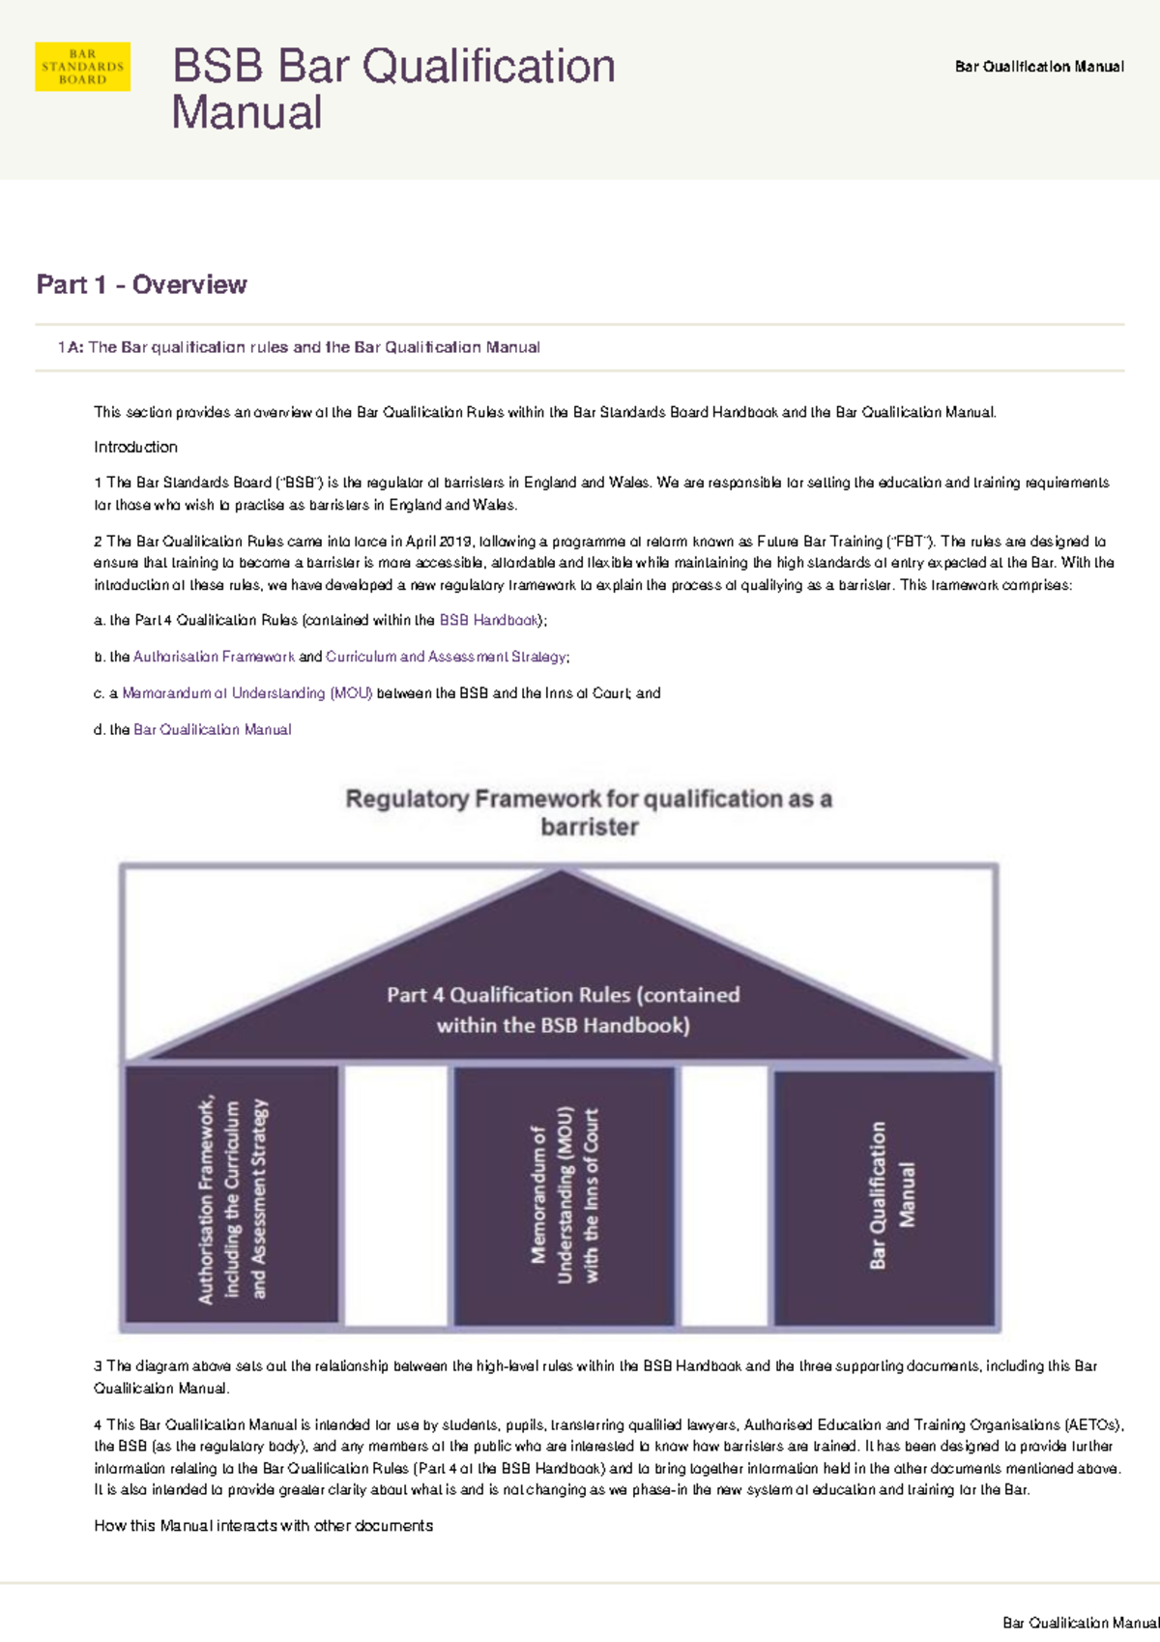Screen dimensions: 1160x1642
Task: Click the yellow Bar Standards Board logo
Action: click(x=82, y=67)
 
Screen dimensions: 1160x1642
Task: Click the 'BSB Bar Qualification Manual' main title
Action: click(x=393, y=89)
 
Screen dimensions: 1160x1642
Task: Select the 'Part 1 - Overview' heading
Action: click(x=141, y=284)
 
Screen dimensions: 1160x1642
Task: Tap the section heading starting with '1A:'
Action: click(x=299, y=347)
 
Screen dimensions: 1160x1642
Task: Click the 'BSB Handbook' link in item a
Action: click(x=489, y=621)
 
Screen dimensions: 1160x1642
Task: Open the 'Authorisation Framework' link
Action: click(x=214, y=657)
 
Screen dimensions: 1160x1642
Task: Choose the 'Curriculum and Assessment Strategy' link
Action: click(x=446, y=657)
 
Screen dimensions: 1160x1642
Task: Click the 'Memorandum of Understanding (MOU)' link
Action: click(x=246, y=693)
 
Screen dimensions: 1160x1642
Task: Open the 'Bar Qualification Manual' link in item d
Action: click(x=212, y=730)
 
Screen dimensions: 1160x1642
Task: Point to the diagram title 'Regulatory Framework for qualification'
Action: click(x=589, y=812)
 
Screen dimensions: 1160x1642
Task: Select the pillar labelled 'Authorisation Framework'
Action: click(x=232, y=1197)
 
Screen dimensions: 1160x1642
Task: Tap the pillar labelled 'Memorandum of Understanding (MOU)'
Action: click(x=565, y=1197)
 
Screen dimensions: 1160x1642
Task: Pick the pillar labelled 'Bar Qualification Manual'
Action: click(x=884, y=1197)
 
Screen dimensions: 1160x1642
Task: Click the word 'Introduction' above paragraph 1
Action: click(x=135, y=447)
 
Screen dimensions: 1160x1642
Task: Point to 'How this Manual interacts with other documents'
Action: click(x=263, y=1526)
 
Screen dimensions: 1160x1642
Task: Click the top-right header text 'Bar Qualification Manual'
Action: click(x=1039, y=67)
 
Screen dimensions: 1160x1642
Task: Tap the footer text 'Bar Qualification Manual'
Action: click(x=1080, y=1623)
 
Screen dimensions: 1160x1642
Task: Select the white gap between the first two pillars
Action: click(x=396, y=1197)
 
